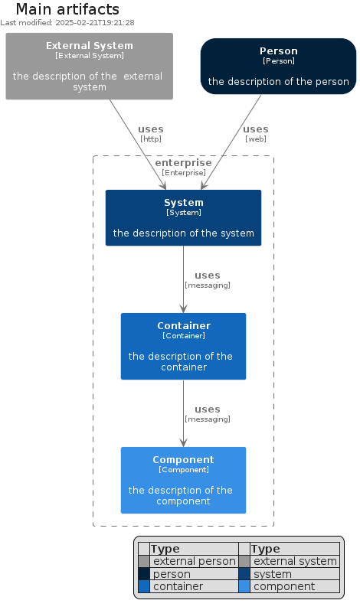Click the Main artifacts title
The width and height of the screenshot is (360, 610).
(67, 9)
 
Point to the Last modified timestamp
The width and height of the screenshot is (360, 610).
(67, 23)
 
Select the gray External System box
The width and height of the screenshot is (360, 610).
(89, 66)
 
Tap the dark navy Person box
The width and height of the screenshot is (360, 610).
(278, 66)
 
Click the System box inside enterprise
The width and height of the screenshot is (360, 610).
(183, 218)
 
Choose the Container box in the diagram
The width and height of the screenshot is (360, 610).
(183, 346)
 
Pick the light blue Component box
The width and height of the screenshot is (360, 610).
(183, 480)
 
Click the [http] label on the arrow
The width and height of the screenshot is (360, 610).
(151, 139)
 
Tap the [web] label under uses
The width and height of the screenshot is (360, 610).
(256, 139)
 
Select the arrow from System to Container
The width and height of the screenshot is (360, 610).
(183, 279)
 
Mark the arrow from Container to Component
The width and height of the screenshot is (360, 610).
(183, 413)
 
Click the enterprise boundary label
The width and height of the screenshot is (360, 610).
(183, 162)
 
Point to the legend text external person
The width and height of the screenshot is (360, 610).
(195, 561)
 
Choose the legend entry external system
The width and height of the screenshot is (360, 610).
(295, 561)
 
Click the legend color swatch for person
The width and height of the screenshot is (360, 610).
(144, 574)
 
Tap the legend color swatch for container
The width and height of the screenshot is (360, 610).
(144, 586)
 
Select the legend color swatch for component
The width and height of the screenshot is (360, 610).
(244, 586)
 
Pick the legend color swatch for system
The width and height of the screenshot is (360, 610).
(244, 574)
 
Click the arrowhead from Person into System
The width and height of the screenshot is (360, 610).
(204, 185)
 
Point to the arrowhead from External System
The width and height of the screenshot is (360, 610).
(163, 185)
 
